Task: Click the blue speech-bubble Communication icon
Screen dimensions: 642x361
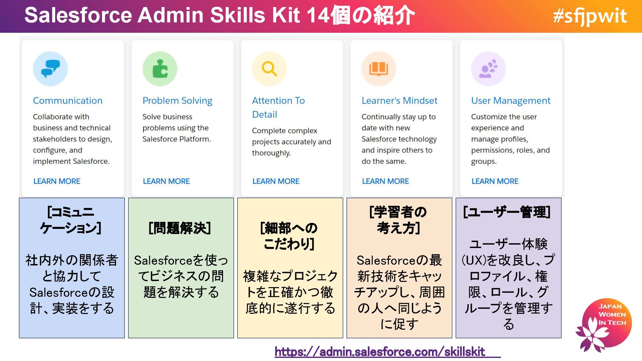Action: pyautogui.click(x=50, y=69)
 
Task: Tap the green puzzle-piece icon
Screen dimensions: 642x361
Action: pyautogui.click(x=160, y=69)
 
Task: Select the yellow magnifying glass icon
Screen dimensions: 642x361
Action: pyautogui.click(x=269, y=69)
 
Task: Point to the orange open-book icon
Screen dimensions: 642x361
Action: pyautogui.click(x=379, y=69)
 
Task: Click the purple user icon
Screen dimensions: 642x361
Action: pyautogui.click(x=488, y=69)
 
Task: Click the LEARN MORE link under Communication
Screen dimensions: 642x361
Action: pyautogui.click(x=57, y=181)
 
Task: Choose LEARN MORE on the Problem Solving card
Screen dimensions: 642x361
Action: pyautogui.click(x=166, y=181)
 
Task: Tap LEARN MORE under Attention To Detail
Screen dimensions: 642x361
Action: pyautogui.click(x=276, y=181)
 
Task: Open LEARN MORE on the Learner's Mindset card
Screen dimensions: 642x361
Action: pyautogui.click(x=385, y=181)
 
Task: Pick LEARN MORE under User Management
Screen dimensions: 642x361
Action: pyautogui.click(x=495, y=181)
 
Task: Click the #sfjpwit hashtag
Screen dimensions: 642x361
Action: pyautogui.click(x=590, y=16)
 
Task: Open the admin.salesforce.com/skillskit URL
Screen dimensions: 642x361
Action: pyautogui.click(x=380, y=352)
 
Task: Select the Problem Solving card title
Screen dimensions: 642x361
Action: pyautogui.click(x=177, y=101)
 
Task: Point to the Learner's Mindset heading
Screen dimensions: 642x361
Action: pyautogui.click(x=399, y=101)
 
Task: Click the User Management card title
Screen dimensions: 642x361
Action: pyautogui.click(x=511, y=101)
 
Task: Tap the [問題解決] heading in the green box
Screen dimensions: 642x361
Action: pyautogui.click(x=180, y=228)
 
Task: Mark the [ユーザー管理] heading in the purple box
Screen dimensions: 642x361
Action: pyautogui.click(x=507, y=212)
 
